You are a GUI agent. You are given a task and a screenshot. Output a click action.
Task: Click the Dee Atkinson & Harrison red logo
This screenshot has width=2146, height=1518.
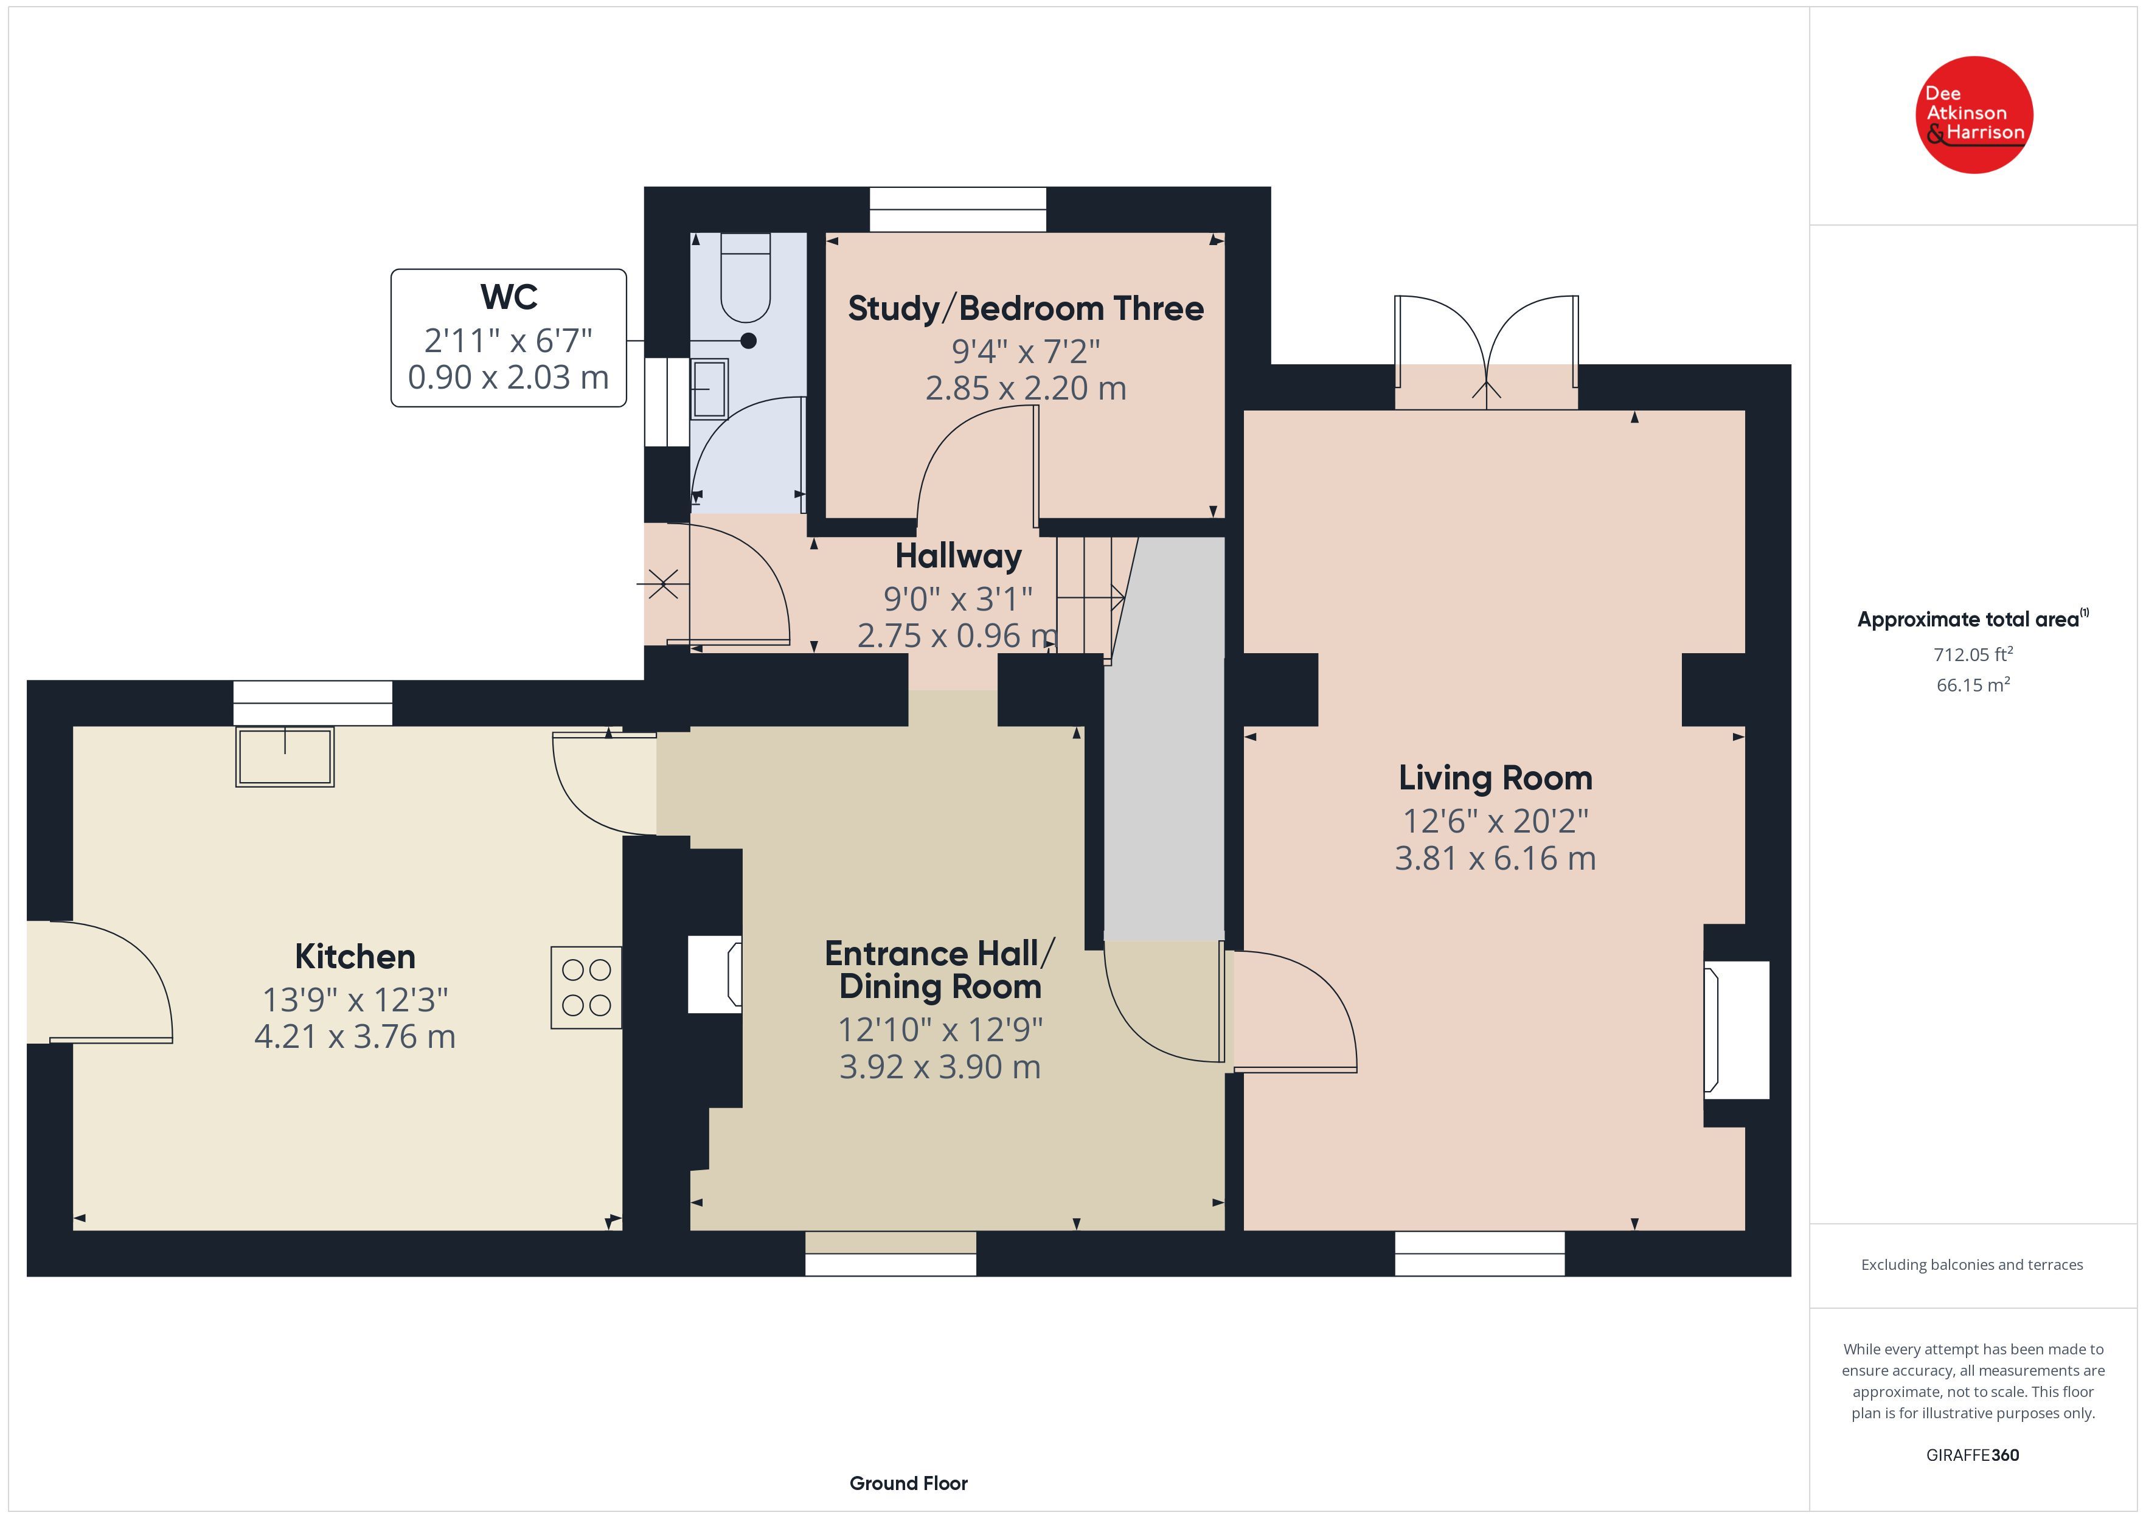pyautogui.click(x=1974, y=115)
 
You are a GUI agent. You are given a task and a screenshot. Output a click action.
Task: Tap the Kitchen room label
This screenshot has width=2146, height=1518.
pyautogui.click(x=355, y=956)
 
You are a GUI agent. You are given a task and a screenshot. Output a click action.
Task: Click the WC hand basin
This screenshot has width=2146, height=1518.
pyautogui.click(x=709, y=389)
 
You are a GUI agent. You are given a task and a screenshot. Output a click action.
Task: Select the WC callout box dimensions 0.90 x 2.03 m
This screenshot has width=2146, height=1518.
pyautogui.click(x=509, y=376)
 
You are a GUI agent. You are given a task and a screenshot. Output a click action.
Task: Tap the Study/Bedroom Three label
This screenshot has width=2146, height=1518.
pyautogui.click(x=1026, y=308)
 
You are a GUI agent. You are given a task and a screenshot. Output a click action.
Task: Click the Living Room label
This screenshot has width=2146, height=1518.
pyautogui.click(x=1496, y=778)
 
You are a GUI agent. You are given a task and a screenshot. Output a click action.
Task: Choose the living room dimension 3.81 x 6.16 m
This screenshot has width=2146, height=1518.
pyautogui.click(x=1496, y=858)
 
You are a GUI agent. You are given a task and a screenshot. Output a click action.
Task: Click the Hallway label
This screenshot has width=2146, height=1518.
pyautogui.click(x=958, y=556)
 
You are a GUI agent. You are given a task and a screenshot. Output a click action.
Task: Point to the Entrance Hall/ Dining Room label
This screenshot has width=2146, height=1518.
pyautogui.click(x=940, y=969)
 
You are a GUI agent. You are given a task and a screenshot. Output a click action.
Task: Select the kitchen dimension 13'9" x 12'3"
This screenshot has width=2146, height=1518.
pyautogui.click(x=355, y=999)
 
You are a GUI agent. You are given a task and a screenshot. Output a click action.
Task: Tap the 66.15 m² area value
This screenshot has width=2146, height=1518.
pyautogui.click(x=1973, y=684)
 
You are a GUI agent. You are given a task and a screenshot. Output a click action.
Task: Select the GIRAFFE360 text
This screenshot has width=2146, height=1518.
pyautogui.click(x=1973, y=1454)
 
